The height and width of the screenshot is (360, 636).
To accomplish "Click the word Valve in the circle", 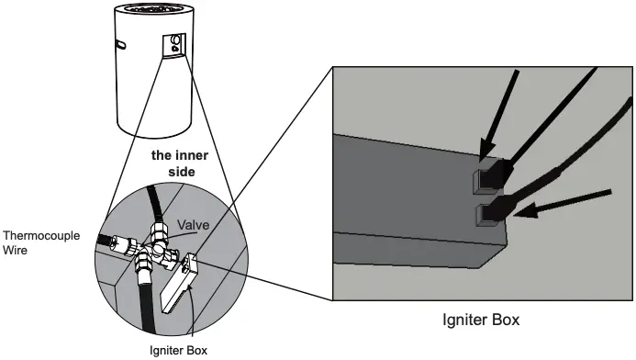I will click(x=195, y=224).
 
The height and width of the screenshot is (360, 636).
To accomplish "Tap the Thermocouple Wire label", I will click(x=40, y=242).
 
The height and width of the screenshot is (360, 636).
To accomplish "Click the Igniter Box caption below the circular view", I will click(x=178, y=351).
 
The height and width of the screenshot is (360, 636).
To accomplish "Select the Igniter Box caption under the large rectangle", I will click(x=481, y=321).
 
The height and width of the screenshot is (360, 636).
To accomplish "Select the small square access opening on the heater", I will click(x=175, y=44).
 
